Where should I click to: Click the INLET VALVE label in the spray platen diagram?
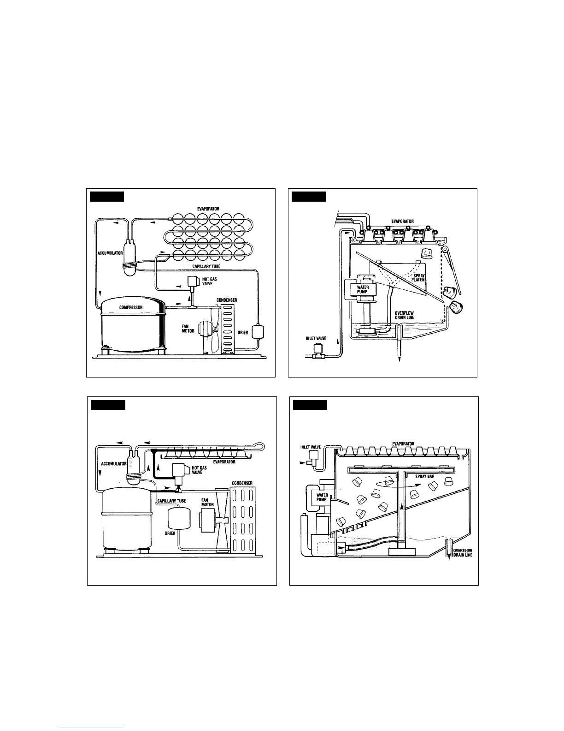pyautogui.click(x=317, y=338)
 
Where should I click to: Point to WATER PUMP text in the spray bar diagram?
pyautogui.click(x=322, y=497)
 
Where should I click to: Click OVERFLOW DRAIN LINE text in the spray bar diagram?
pyautogui.click(x=462, y=552)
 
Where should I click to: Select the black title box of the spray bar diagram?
pyautogui.click(x=310, y=405)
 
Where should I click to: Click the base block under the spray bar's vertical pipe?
pyautogui.click(x=402, y=550)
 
